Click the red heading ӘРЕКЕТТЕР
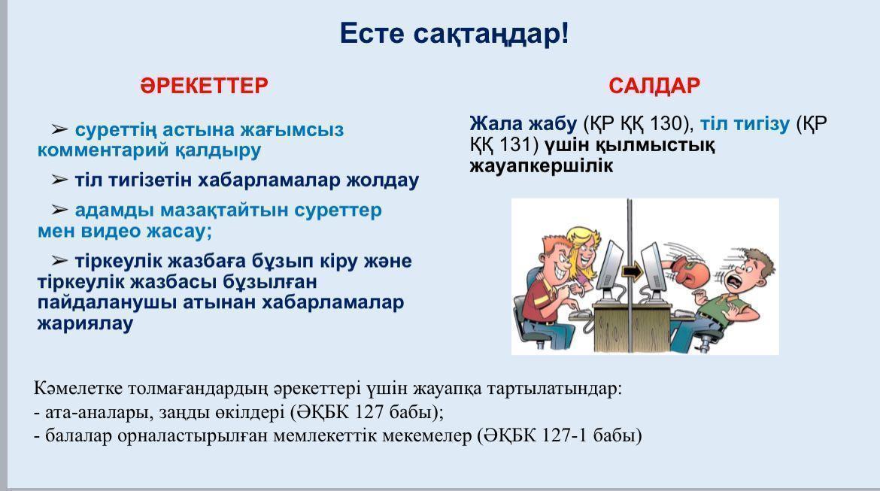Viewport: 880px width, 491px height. pos(204,85)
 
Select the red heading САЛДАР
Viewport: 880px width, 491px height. pos(654,85)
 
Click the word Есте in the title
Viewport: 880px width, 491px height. pos(372,33)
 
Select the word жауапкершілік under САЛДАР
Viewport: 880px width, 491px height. pos(542,165)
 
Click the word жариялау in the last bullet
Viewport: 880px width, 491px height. pos(85,323)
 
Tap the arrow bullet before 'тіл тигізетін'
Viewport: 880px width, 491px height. pos(59,180)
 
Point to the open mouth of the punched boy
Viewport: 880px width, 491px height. pos(735,279)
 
